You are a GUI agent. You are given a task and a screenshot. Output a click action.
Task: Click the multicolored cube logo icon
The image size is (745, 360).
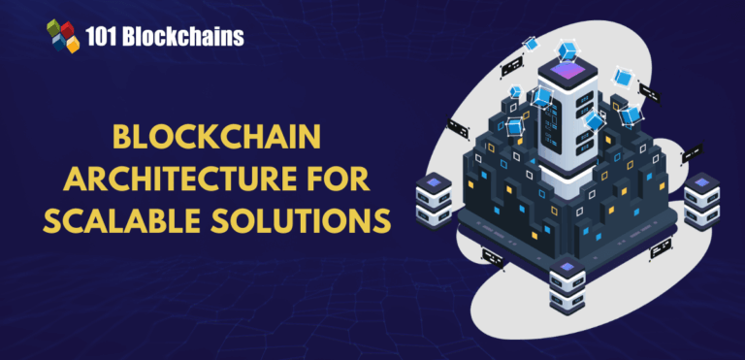pyautogui.click(x=63, y=36)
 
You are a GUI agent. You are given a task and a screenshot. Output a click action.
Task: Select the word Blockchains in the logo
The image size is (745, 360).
pyautogui.click(x=188, y=37)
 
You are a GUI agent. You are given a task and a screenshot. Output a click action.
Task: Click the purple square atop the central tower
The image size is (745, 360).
pyautogui.click(x=565, y=69)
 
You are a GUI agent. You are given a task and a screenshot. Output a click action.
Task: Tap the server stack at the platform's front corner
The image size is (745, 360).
pyautogui.click(x=567, y=287)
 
